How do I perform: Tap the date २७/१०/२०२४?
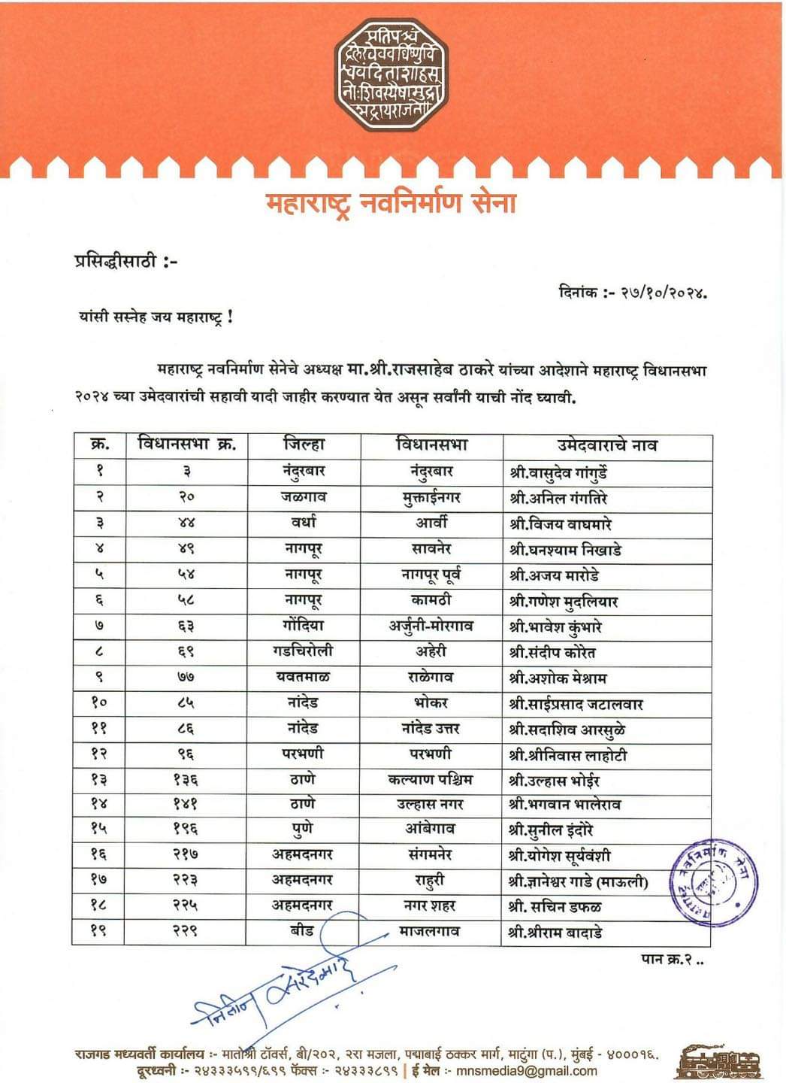coord(663,292)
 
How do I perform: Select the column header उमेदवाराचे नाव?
coord(606,445)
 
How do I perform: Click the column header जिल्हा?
coord(304,444)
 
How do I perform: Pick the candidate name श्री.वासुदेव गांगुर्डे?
coord(558,472)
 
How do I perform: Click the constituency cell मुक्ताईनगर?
coord(431,497)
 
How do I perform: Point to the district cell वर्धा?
coord(304,523)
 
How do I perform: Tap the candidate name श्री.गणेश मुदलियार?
coord(564,601)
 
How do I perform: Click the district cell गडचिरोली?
coord(304,651)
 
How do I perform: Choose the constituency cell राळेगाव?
coord(431,677)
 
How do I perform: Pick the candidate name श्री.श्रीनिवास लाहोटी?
coord(568,755)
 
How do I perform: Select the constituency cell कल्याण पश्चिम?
coord(431,779)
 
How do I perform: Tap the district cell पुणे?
coord(304,829)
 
